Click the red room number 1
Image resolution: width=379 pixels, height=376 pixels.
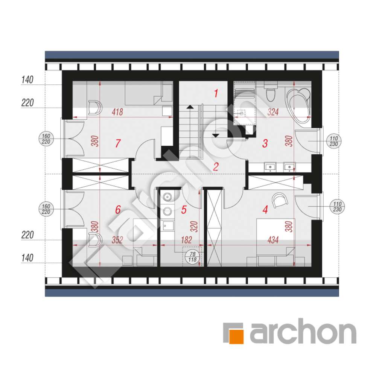tap(216, 93)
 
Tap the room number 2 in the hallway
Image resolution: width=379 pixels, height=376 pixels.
tap(215, 167)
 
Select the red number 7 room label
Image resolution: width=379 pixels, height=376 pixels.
tap(118, 143)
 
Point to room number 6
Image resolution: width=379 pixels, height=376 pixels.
tap(118, 210)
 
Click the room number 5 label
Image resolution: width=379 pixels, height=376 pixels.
tap(184, 210)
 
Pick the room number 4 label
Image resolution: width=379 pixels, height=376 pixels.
tap(265, 210)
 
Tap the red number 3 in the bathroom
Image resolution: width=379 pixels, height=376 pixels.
tap(265, 143)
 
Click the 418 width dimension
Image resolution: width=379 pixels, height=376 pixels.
tap(118, 112)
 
